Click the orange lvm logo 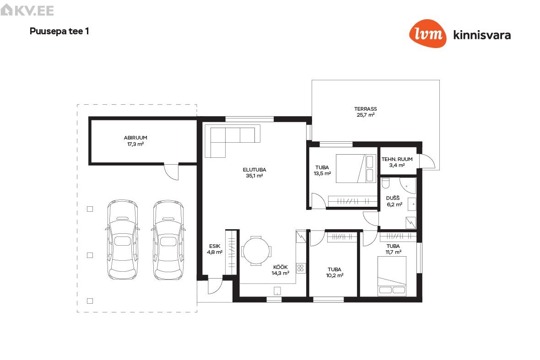pos(428,33)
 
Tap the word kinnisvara pos(482,35)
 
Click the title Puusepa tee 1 pos(59,31)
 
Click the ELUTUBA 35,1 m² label pos(254,173)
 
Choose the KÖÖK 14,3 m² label pos(281,270)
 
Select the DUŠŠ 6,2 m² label pos(394,201)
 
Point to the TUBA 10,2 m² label pos(335,273)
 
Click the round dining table pos(256,251)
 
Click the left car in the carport pos(122,240)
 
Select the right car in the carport pos(168,240)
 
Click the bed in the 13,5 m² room pos(356,168)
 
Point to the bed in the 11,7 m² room pos(392,276)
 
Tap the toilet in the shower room pos(386,183)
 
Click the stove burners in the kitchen pos(301,268)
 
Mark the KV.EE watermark pos(27,10)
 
